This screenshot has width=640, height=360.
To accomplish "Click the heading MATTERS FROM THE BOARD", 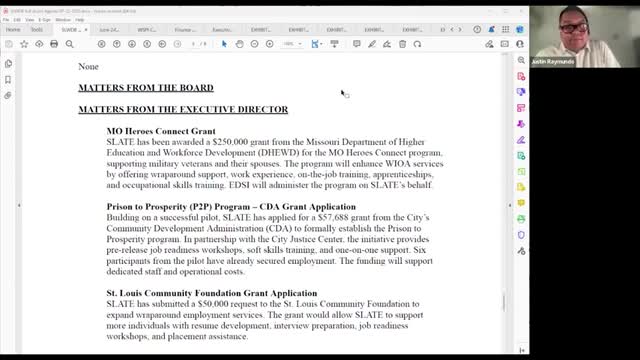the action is coord(146,88).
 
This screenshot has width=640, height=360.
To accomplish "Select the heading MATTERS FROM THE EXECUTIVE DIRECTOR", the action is coord(183,109).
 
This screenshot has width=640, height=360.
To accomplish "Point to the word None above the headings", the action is coord(89,66).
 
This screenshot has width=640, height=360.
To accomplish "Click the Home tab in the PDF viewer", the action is coord(14,30).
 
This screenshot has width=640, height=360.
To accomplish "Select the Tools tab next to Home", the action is coord(37,30).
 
